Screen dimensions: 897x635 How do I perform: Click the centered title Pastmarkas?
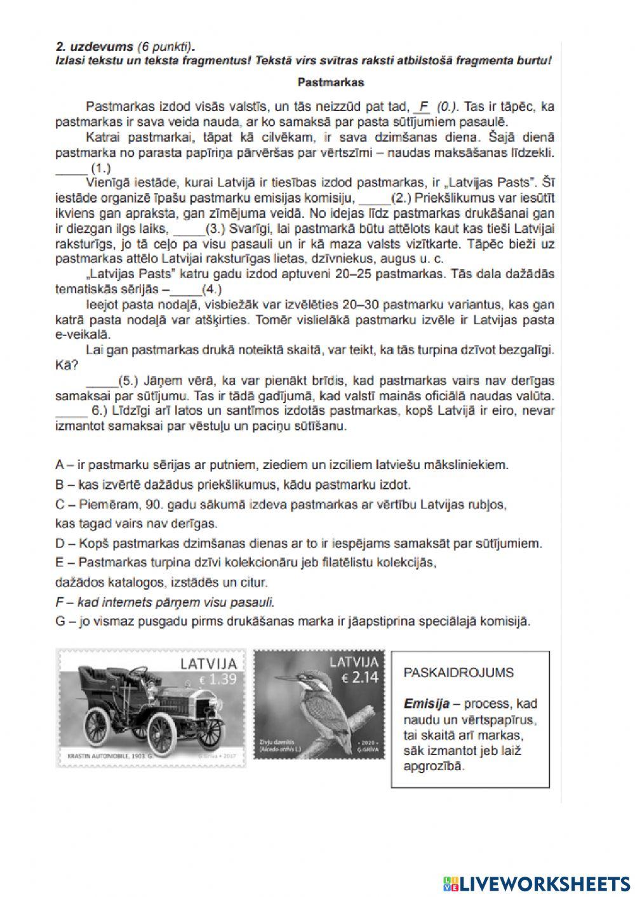(x=330, y=82)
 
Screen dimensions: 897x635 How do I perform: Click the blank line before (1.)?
(x=70, y=169)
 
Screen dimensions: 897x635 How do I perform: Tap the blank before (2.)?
(x=372, y=199)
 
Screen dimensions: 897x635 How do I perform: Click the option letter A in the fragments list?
(x=60, y=465)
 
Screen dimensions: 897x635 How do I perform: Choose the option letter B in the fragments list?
(x=60, y=485)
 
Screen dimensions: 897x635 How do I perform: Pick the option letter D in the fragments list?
(x=60, y=543)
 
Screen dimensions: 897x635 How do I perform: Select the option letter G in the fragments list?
(x=61, y=621)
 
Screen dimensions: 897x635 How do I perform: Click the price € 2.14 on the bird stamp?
(x=360, y=677)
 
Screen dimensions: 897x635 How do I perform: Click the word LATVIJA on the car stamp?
(x=209, y=664)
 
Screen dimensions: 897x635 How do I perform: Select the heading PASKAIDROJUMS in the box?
(x=458, y=673)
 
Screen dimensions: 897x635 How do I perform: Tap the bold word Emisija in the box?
(x=427, y=703)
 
